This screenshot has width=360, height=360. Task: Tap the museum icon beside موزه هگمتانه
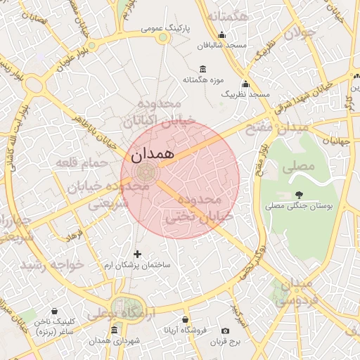(203, 68)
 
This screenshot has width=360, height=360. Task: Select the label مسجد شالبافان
(221, 45)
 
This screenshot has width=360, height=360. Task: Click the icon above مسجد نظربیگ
(245, 83)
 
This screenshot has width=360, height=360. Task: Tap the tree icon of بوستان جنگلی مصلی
(300, 195)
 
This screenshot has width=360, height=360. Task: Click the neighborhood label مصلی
(297, 167)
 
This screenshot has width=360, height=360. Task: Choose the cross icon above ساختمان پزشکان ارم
(137, 253)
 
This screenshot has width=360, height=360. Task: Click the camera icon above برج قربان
(225, 330)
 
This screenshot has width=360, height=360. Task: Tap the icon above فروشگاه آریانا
(185, 319)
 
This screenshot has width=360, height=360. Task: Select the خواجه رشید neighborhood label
(51, 264)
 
